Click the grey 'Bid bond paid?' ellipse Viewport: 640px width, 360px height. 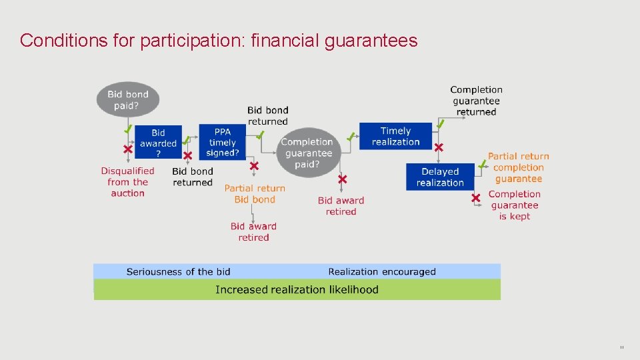coord(128,100)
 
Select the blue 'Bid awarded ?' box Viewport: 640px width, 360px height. coord(158,143)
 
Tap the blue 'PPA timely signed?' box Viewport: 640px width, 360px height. coord(222,143)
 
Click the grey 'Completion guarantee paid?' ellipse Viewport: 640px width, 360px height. coord(307,153)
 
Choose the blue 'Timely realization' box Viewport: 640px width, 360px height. coord(395,136)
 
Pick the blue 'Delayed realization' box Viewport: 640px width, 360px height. coord(439,177)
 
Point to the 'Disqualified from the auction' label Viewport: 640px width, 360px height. coord(127,182)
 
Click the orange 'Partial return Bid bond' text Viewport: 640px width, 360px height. coord(255,194)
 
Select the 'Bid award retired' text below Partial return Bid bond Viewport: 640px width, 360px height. coord(253,232)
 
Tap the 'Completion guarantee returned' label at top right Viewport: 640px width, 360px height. coord(476,101)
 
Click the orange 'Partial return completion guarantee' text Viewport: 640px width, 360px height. coord(519,167)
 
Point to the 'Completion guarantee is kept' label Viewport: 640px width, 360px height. coord(515,205)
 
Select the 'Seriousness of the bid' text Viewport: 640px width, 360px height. coord(179,271)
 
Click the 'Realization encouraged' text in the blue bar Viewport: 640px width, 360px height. coord(382,271)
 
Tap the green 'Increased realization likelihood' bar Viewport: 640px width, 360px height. coord(297,290)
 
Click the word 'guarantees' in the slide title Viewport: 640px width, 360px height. coord(371,41)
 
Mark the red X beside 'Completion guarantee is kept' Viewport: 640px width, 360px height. coord(475,198)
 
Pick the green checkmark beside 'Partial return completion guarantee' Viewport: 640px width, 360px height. coord(481,163)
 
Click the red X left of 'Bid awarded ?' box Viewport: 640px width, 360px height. coord(127,149)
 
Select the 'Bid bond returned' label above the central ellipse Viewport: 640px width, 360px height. coord(268,115)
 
